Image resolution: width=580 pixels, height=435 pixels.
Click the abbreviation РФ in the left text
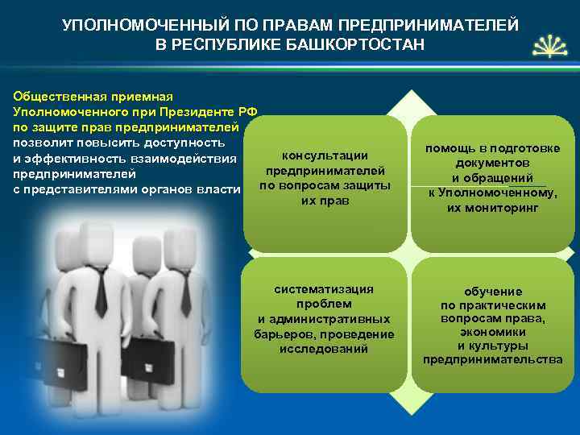pos(249,111)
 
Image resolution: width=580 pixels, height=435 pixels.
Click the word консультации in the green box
pos(325,155)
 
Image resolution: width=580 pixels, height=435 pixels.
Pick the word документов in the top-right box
pos(493,164)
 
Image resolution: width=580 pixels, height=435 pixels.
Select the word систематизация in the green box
pos(324,289)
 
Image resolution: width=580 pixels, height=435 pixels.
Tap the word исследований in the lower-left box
pos(324,349)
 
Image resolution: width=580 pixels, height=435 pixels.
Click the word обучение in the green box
pos(492,291)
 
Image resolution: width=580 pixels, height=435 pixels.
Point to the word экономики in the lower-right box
pos(492,331)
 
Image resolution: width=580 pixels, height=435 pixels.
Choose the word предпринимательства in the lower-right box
pos(492,359)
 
